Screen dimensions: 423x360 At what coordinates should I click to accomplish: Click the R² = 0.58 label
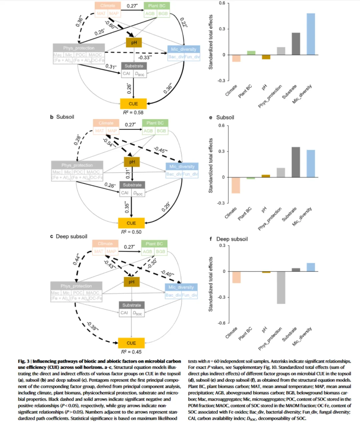[133, 113]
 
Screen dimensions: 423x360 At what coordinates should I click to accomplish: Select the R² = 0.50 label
[131, 232]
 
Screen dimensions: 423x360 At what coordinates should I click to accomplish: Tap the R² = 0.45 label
[131, 352]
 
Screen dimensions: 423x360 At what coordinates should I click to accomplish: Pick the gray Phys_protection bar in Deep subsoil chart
[281, 287]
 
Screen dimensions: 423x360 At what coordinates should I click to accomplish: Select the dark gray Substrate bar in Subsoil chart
[296, 162]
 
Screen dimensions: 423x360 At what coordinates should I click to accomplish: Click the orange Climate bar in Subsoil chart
[236, 185]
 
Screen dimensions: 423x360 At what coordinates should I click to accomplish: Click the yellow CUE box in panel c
[131, 343]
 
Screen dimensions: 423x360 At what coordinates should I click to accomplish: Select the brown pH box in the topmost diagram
[134, 42]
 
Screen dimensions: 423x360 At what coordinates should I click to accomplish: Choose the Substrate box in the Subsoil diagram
[132, 185]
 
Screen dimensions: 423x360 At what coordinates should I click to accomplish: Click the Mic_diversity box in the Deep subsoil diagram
[181, 287]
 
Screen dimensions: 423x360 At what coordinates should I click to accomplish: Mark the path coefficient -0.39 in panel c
[92, 326]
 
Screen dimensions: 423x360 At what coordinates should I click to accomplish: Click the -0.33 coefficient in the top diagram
[145, 57]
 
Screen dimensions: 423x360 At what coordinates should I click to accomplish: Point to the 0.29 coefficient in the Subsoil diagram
[166, 207]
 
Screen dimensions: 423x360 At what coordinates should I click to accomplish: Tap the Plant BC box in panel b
[155, 123]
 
